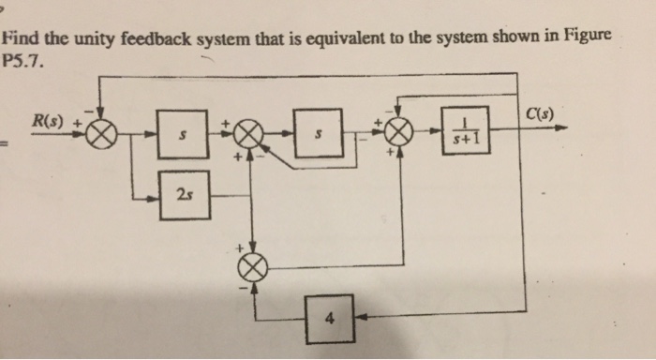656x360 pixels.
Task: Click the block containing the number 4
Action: (x=328, y=316)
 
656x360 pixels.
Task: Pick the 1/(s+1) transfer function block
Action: (x=466, y=133)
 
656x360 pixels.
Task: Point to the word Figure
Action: (x=587, y=34)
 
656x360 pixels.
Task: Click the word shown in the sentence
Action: (x=519, y=36)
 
